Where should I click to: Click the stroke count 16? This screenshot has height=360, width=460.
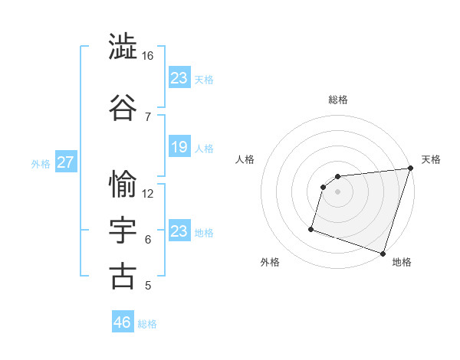pos(148,56)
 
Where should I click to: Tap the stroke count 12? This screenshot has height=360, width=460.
pos(148,193)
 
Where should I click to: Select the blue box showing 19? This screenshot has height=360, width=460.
pos(179,147)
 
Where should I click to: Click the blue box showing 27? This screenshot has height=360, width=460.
pos(66,162)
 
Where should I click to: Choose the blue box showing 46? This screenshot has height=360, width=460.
pos(123,322)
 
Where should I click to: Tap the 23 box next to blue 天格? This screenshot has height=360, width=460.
pos(179,78)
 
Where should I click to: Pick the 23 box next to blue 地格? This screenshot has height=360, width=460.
pos(179,231)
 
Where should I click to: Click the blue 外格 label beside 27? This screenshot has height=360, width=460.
pos(41,163)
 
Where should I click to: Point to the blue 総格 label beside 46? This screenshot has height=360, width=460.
pos(147,324)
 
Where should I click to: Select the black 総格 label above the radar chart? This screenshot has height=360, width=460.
pos(337,100)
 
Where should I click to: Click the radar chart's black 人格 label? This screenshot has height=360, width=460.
pos(245,159)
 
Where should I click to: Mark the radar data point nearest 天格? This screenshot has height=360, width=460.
pos(409,169)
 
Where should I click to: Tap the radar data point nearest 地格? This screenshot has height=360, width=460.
pos(382,253)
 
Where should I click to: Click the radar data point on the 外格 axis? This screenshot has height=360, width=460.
pos(311,228)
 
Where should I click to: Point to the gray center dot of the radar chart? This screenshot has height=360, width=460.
pos(337,191)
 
